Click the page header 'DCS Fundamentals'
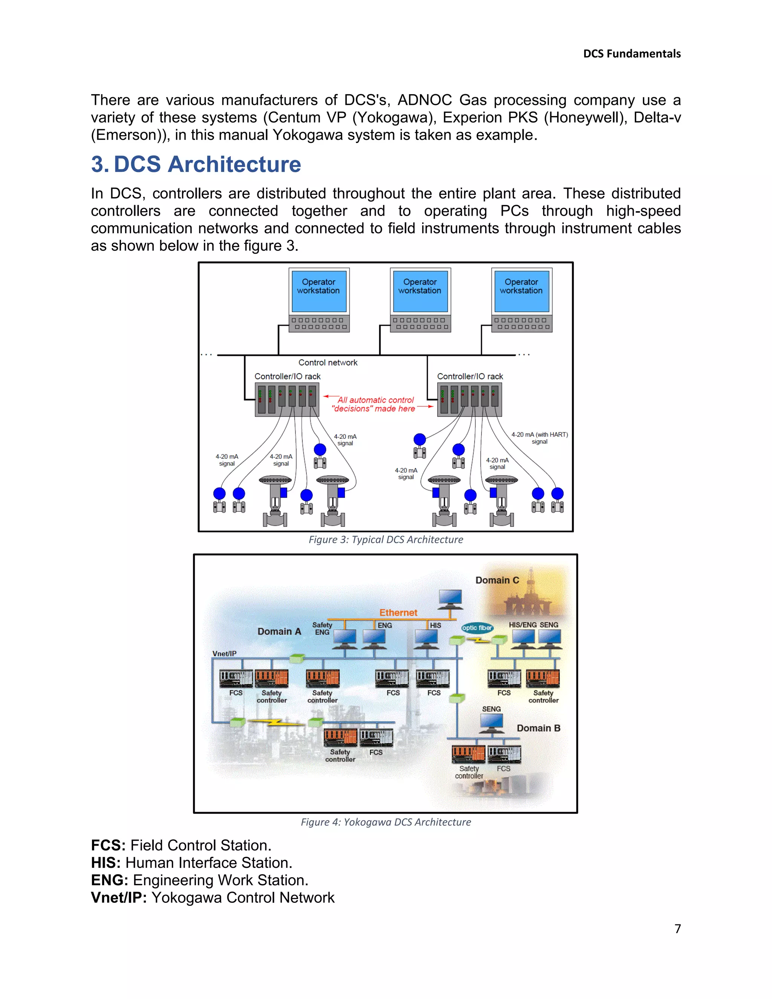click(632, 54)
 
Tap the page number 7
click(677, 929)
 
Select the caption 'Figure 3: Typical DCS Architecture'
click(386, 540)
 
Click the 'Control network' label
click(328, 363)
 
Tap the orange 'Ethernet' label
click(398, 613)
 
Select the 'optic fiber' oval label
click(476, 628)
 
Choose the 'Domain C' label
click(497, 580)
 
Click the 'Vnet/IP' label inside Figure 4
click(224, 654)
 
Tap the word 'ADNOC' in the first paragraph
click(425, 100)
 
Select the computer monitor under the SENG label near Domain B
click(491, 723)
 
